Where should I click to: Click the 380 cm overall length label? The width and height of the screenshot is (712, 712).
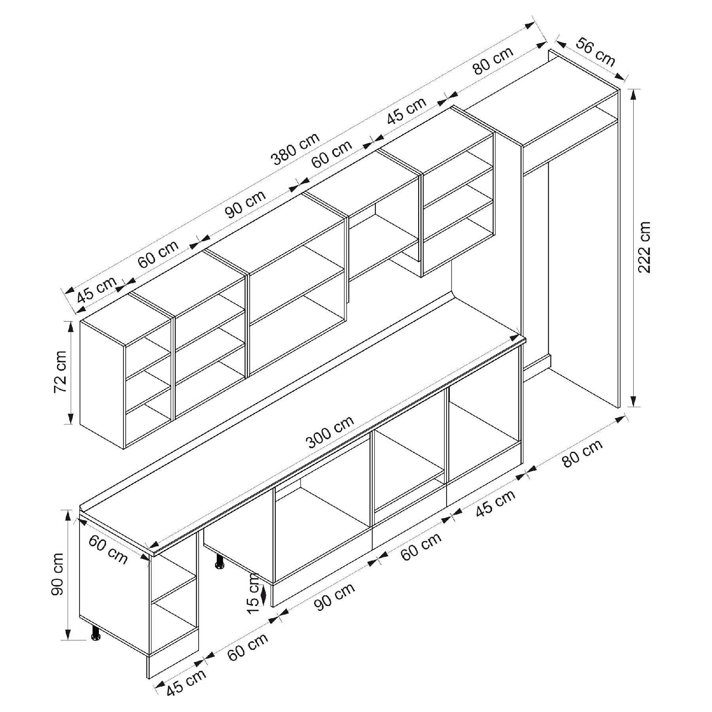[295, 149]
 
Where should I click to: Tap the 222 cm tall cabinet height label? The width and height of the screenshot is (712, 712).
[644, 247]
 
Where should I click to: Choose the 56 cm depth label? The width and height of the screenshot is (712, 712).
[595, 52]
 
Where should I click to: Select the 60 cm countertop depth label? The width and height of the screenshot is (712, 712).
[108, 549]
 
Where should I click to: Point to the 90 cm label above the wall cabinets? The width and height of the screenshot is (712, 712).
[246, 204]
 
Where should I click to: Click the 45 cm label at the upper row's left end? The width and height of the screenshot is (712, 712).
[97, 289]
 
